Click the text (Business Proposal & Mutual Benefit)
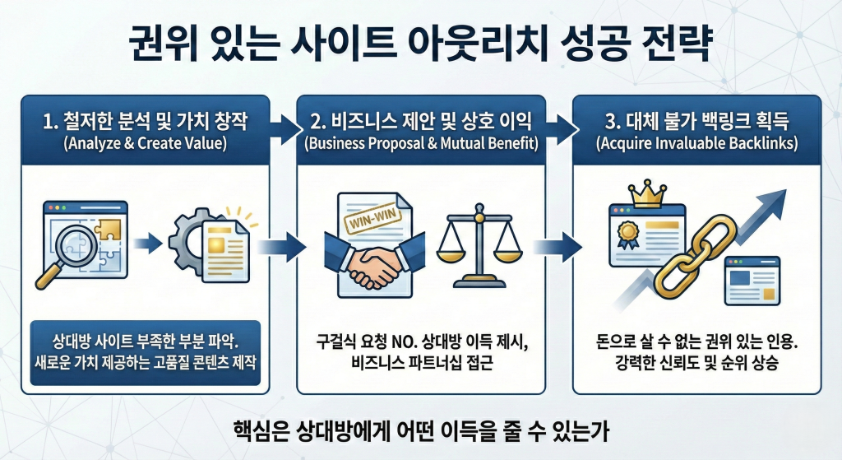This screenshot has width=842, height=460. [420, 145]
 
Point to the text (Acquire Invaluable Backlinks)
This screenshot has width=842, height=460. [696, 145]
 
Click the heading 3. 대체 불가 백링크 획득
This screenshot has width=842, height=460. [696, 123]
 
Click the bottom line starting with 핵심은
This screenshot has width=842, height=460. [420, 430]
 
